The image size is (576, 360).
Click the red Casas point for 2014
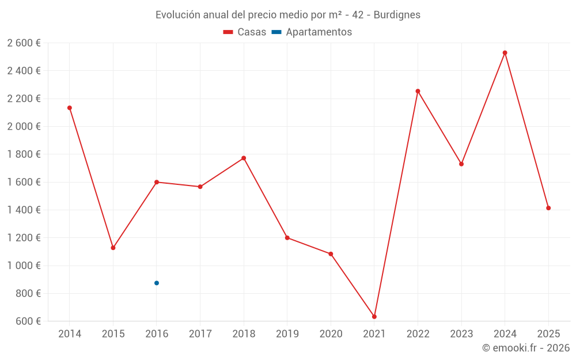pyautogui.click(x=70, y=108)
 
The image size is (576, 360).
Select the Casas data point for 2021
pyautogui.click(x=374, y=317)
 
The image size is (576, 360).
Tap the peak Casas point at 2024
pyautogui.click(x=505, y=53)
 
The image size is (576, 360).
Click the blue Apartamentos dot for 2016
pyautogui.click(x=157, y=283)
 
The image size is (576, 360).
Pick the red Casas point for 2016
pyautogui.click(x=157, y=182)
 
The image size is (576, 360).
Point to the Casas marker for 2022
pyautogui.click(x=418, y=91)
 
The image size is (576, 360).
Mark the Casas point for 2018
pyautogui.click(x=244, y=158)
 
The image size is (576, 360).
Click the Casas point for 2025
pyautogui.click(x=548, y=208)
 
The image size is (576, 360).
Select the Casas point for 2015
pyautogui.click(x=113, y=248)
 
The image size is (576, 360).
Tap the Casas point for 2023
pyautogui.click(x=461, y=164)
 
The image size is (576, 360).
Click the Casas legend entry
pyautogui.click(x=245, y=32)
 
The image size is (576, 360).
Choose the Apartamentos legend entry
pyautogui.click(x=312, y=32)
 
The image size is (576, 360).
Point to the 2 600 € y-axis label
pyautogui.click(x=24, y=43)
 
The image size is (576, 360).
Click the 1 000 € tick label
pyautogui.click(x=24, y=266)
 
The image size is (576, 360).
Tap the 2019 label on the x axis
pyautogui.click(x=287, y=334)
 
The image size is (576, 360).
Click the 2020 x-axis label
pyautogui.click(x=331, y=334)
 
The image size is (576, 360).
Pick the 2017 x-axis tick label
pyautogui.click(x=200, y=334)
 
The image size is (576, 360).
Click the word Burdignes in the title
pyautogui.click(x=397, y=14)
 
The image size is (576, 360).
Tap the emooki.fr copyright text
pyautogui.click(x=526, y=348)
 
